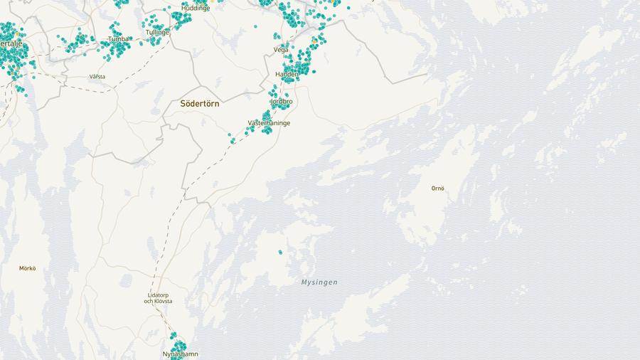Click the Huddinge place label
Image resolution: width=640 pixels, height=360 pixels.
pyautogui.click(x=196, y=8)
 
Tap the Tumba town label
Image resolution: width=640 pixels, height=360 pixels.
pyautogui.click(x=119, y=39)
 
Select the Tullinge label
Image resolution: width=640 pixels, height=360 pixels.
pyautogui.click(x=157, y=33)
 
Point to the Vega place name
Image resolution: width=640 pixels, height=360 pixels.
pyautogui.click(x=281, y=50)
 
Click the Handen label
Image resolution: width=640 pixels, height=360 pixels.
pyautogui.click(x=287, y=74)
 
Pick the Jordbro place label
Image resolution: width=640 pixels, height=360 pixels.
pyautogui.click(x=281, y=101)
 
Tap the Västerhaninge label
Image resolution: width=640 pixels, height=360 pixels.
pyautogui.click(x=269, y=123)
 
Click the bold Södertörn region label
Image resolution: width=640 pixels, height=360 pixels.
pyautogui.click(x=200, y=103)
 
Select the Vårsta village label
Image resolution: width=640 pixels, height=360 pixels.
pyautogui.click(x=97, y=76)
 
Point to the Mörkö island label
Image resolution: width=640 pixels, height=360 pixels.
pyautogui.click(x=28, y=268)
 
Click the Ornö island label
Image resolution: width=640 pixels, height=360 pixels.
pyautogui.click(x=437, y=189)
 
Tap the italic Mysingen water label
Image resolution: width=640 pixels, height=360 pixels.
pyautogui.click(x=319, y=282)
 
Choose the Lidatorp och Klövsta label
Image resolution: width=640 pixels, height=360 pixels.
pyautogui.click(x=158, y=297)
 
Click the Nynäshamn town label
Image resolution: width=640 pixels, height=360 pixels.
pyautogui.click(x=180, y=354)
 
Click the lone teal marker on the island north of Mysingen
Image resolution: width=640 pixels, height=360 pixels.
pyautogui.click(x=280, y=252)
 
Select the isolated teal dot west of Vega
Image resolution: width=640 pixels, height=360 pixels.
pyautogui.click(x=255, y=26)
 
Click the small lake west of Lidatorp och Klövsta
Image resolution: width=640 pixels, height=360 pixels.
pyautogui.click(x=126, y=281)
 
